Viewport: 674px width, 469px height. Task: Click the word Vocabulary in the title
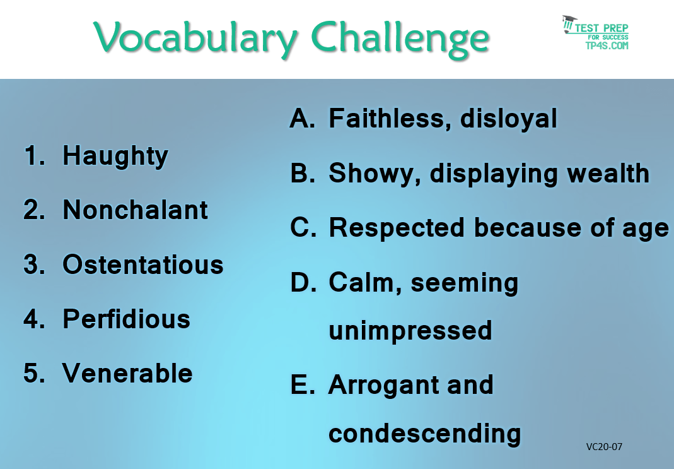[195, 39]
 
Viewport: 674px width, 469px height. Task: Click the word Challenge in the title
[400, 39]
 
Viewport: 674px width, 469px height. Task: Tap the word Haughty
[115, 157]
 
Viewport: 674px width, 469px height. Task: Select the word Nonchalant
[136, 210]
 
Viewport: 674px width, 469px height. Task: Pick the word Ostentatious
[143, 264]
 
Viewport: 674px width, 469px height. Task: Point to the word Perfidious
[126, 319]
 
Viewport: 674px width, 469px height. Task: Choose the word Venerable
[127, 373]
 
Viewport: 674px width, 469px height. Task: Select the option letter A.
[303, 118]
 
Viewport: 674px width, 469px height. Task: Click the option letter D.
[303, 283]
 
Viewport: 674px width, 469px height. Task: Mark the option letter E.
[303, 384]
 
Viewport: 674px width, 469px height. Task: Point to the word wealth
[608, 174]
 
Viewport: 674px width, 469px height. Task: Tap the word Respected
[397, 228]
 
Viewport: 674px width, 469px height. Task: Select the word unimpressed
[410, 331]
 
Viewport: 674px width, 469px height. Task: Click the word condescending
[425, 434]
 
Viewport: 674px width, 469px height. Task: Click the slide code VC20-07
[604, 447]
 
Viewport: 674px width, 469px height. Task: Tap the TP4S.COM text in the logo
[607, 45]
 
